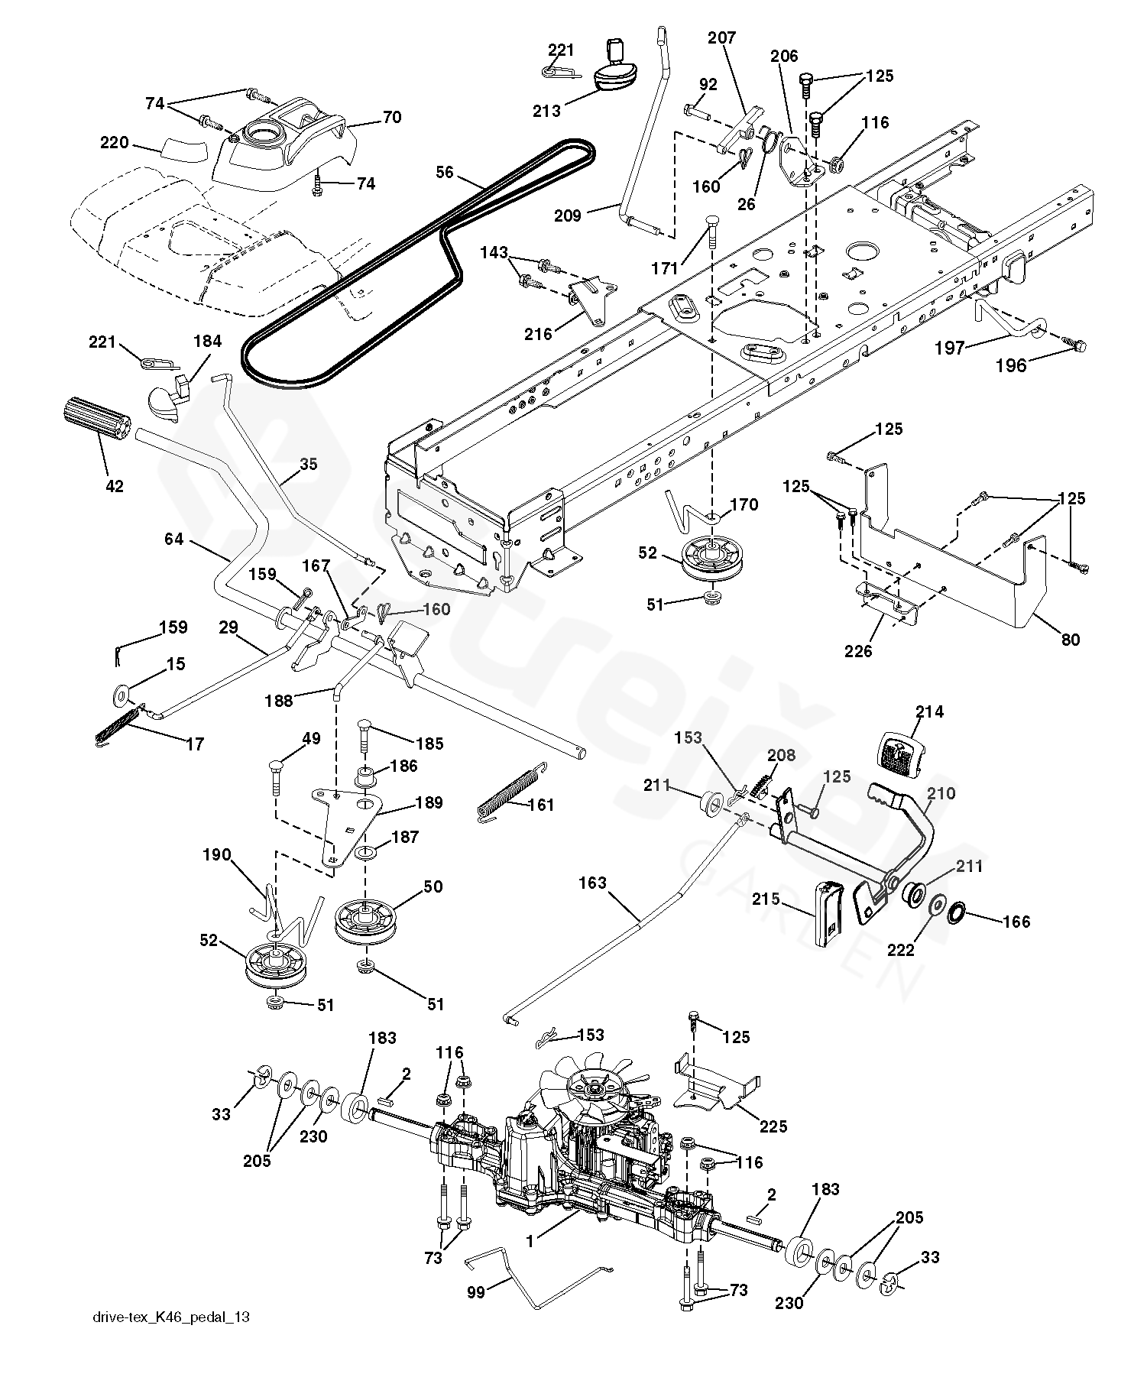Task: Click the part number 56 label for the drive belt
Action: [445, 173]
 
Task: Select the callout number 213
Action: [547, 111]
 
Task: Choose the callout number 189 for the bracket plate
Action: [429, 802]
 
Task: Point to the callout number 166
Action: [1016, 922]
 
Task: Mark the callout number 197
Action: [949, 348]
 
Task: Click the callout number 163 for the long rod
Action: [593, 883]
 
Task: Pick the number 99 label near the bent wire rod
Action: [476, 1291]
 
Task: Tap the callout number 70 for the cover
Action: [392, 117]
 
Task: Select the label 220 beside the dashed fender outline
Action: [115, 142]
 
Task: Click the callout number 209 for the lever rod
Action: [567, 216]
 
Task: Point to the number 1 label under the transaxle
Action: [530, 1242]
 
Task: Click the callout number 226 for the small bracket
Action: [858, 651]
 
